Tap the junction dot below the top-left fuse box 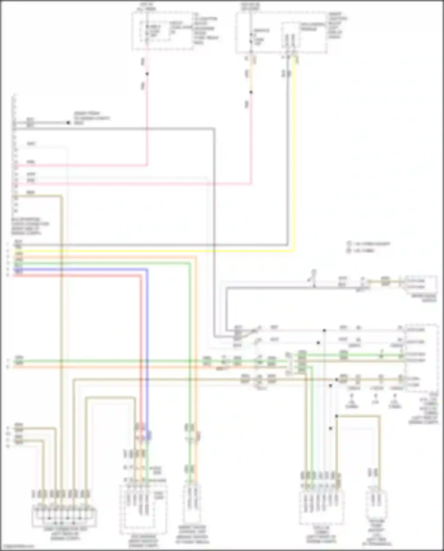pyautogui.click(x=147, y=74)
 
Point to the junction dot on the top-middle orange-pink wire pyautogui.click(x=251, y=92)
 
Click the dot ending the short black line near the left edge pyautogui.click(x=68, y=123)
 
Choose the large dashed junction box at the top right pyautogui.click(x=281, y=33)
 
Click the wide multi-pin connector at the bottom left pyautogui.click(x=65, y=517)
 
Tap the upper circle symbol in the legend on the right pyautogui.click(x=349, y=244)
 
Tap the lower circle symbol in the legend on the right pyautogui.click(x=349, y=251)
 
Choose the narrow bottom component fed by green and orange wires pyautogui.click(x=192, y=508)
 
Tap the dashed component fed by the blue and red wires pyautogui.click(x=144, y=509)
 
